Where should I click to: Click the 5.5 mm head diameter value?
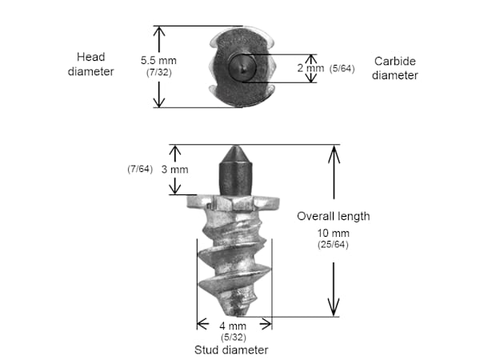(158, 60)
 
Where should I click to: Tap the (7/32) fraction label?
(158, 73)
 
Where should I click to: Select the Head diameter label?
(90, 64)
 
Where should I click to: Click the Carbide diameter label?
(395, 68)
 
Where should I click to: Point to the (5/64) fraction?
(342, 69)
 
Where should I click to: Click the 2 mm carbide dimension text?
(310, 68)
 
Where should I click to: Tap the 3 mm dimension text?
(174, 170)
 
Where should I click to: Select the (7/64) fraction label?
(140, 169)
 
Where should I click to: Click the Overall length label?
(334, 216)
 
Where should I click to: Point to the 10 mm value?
(333, 233)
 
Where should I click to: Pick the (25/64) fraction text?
(333, 245)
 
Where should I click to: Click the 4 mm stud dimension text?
(233, 326)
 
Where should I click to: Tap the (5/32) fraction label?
(234, 338)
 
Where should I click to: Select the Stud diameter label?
(231, 350)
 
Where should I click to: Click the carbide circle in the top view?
(242, 67)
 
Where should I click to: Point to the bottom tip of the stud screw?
(239, 315)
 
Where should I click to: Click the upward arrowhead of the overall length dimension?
(334, 154)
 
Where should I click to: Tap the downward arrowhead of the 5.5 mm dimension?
(159, 100)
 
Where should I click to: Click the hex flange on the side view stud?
(233, 202)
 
